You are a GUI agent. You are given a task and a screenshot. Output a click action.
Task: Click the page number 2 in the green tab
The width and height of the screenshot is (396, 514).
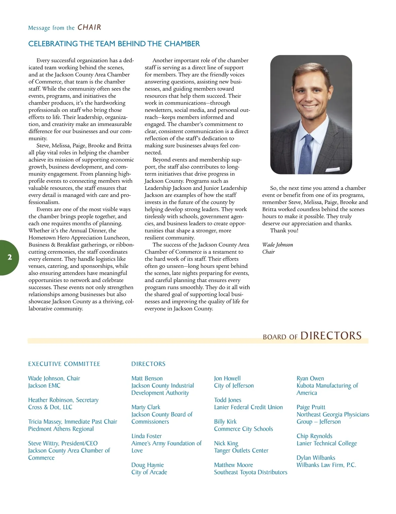10,257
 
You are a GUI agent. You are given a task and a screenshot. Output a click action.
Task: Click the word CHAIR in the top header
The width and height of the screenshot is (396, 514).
89,27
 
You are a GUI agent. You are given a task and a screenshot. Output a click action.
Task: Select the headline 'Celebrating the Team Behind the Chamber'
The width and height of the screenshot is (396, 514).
114,44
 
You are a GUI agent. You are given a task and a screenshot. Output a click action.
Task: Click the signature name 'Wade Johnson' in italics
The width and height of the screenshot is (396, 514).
278,245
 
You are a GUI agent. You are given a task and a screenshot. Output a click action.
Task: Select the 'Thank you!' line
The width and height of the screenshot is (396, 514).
284,231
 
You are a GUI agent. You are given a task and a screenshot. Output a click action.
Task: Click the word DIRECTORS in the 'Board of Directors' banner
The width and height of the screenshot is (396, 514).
331,336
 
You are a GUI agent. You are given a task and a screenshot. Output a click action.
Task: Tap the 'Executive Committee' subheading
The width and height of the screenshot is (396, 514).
64,364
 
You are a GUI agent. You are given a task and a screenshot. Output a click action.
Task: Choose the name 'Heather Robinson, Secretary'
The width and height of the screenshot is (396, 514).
63,400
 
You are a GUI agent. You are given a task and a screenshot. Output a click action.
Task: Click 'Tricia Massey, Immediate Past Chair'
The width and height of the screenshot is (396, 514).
73,422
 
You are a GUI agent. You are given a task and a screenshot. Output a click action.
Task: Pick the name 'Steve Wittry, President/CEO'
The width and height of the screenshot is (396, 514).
63,443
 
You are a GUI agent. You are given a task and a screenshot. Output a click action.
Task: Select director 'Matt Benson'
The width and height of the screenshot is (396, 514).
147,378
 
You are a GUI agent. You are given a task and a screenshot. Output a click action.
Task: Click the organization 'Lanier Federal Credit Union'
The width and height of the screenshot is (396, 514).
248,407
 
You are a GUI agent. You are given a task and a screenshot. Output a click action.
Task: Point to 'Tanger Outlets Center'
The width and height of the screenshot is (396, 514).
241,451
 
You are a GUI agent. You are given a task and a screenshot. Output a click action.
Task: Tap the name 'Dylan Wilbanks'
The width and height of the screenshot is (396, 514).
316,458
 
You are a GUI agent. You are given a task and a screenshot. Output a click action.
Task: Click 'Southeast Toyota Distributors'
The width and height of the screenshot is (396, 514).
250,472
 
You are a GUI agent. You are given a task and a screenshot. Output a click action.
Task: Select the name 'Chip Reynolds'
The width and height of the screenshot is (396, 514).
314,436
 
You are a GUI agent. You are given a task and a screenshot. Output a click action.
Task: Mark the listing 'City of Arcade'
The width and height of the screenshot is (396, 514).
149,472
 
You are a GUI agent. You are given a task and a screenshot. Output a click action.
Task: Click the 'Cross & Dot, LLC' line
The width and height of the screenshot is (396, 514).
50,407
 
